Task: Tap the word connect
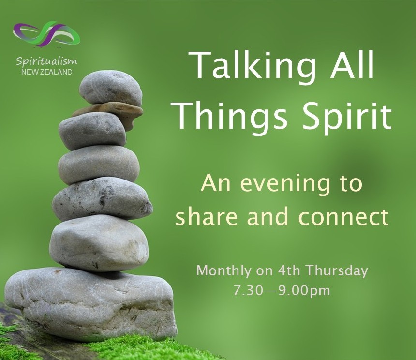(344, 217)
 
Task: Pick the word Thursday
(337, 271)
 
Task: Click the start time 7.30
(248, 290)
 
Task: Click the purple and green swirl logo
(46, 34)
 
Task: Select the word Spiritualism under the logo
(47, 61)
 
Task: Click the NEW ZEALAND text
(47, 72)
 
